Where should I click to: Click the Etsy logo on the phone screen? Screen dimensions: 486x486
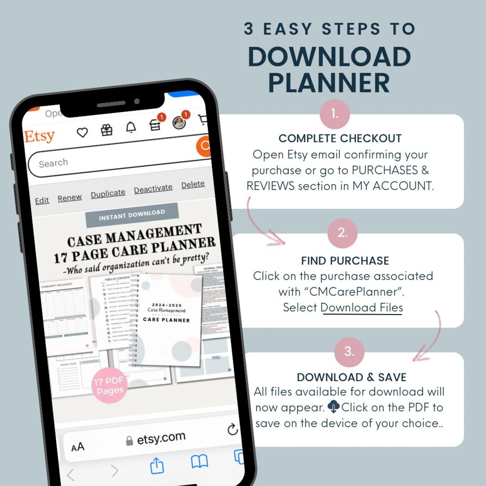point(40,136)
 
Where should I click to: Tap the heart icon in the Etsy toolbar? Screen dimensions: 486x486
point(82,133)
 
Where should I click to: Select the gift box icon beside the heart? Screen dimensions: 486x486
point(107,130)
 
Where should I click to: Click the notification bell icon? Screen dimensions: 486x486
point(131,127)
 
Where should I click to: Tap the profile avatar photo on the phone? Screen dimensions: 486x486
point(179,123)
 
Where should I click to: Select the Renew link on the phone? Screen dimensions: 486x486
point(69,198)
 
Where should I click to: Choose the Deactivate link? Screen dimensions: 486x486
point(153,188)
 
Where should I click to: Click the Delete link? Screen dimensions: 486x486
point(193,184)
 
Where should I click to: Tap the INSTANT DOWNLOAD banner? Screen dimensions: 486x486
point(132,215)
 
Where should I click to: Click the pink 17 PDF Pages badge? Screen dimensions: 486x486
point(110,385)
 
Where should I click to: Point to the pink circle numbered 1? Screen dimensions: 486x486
point(335,114)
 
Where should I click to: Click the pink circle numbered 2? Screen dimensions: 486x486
point(342,233)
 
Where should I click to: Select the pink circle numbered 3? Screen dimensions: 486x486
point(349,352)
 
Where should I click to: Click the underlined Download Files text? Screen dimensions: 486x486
point(362,308)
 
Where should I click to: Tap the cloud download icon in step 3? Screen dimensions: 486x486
point(333,407)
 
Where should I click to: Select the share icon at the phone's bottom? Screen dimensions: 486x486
point(157,466)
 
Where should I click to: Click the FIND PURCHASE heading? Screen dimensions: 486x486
point(345,261)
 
